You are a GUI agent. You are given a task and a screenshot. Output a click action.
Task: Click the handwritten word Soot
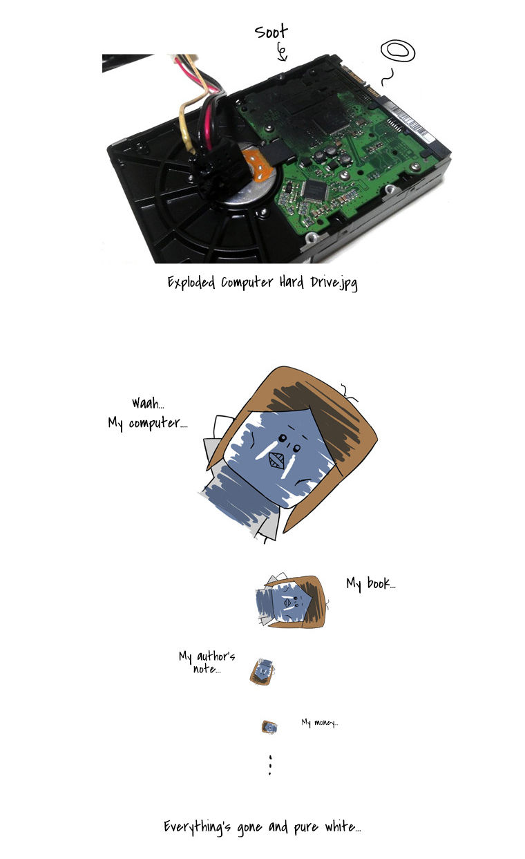pos(271,32)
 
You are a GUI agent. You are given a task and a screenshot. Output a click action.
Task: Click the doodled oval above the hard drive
pos(398,50)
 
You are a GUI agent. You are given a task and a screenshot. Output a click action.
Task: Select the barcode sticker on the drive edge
pos(410,120)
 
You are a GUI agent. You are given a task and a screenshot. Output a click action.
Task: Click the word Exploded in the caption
pos(191,283)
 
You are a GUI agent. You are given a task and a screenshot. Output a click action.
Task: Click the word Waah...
pos(148,403)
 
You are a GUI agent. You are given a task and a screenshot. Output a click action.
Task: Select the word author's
pos(216,656)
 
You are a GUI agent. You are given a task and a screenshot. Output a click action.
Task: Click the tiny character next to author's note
pos(262,672)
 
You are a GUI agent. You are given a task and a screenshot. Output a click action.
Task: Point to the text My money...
pos(320,722)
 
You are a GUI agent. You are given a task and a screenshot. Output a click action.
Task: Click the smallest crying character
pos(269,727)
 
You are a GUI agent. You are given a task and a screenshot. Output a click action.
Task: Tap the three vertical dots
pos(270,766)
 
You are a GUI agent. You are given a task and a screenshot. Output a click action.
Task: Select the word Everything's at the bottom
pos(198,827)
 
